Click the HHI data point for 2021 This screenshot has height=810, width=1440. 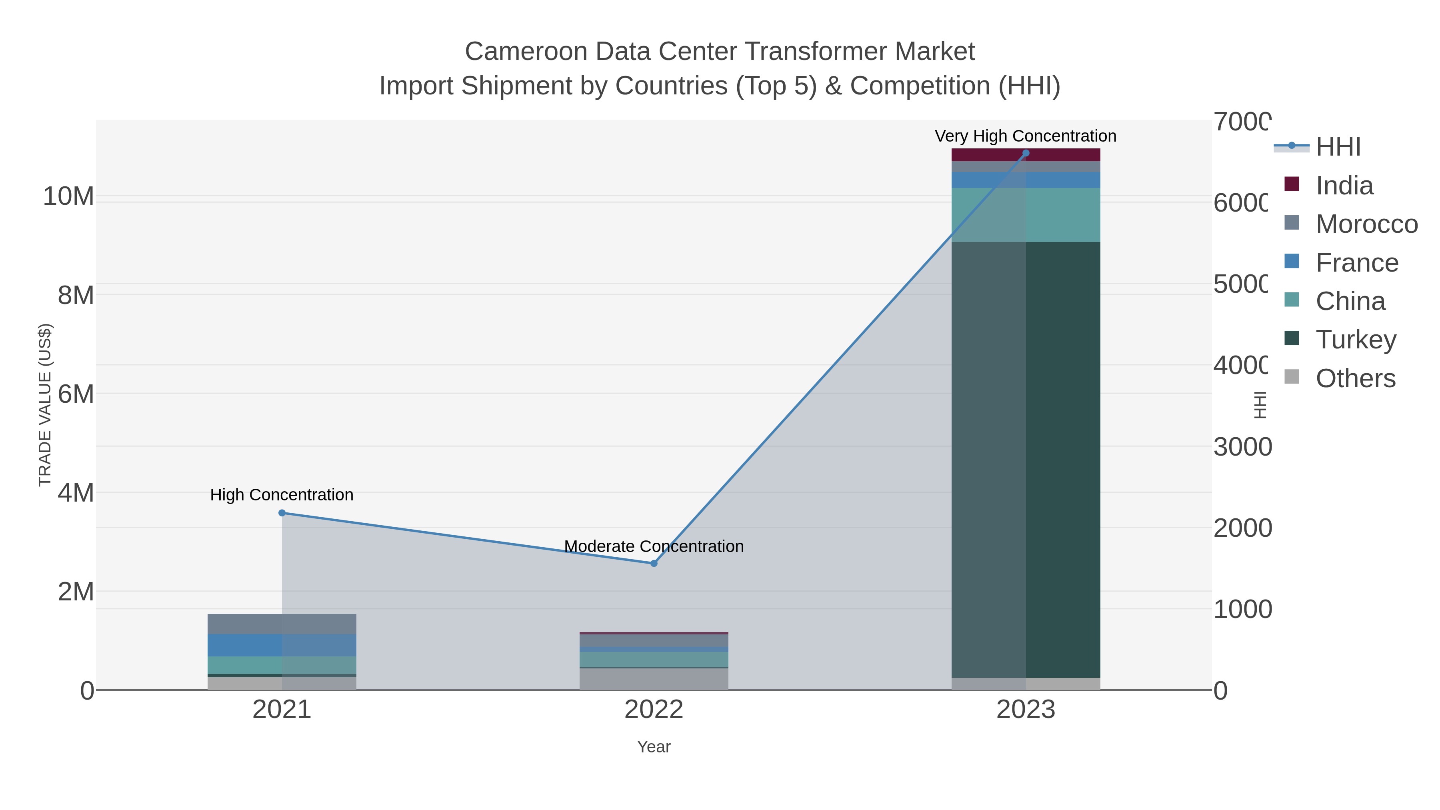click(x=282, y=513)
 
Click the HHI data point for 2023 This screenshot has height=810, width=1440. click(x=1025, y=153)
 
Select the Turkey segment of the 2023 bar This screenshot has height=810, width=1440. click(x=1062, y=458)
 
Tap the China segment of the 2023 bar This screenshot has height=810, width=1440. click(x=1062, y=215)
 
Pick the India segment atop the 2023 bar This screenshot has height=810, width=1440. click(x=1062, y=155)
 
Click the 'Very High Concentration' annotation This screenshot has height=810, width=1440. click(x=1025, y=136)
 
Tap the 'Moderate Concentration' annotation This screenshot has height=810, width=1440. click(x=654, y=546)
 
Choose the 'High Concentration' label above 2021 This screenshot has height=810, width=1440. click(x=282, y=495)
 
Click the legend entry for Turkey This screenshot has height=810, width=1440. click(x=1356, y=339)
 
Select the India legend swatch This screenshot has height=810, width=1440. click(x=1292, y=184)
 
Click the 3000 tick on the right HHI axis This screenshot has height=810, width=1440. click(x=1242, y=447)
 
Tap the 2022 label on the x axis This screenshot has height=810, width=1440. click(x=654, y=709)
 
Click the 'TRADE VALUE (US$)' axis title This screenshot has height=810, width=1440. click(x=45, y=405)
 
